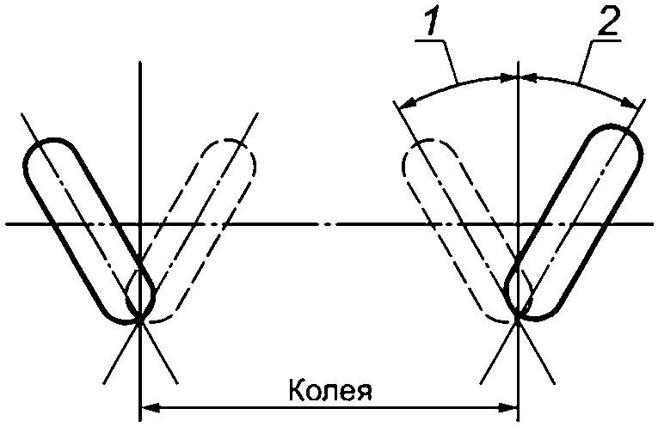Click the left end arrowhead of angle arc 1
(x=406, y=104)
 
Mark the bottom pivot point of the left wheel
(x=139, y=320)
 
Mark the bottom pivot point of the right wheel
(x=518, y=320)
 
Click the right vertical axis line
(x=518, y=172)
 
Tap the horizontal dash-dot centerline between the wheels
(x=327, y=224)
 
